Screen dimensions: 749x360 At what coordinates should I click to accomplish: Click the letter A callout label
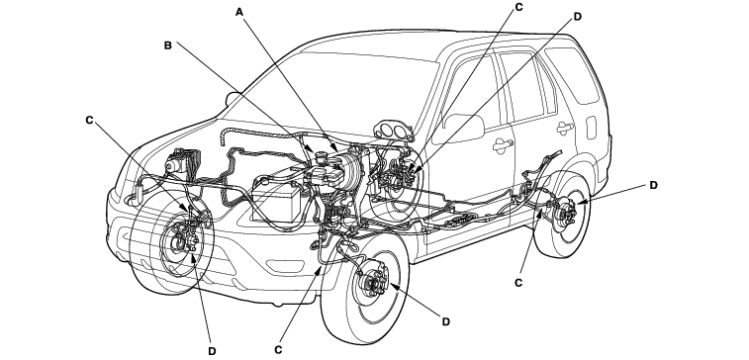pos(239,12)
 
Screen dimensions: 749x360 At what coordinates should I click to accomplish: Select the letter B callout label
pos(167,45)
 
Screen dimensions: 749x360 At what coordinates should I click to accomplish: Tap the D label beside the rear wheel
pos(653,185)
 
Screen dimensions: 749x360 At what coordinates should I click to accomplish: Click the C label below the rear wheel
pos(518,283)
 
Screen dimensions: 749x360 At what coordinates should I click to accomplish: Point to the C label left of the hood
pos(89,121)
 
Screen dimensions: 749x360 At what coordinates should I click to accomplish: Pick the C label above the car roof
pos(519,7)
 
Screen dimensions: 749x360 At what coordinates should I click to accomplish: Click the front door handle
pos(503,145)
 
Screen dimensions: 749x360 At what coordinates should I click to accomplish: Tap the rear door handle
pos(565,128)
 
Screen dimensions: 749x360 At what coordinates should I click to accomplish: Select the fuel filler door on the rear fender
pos(592,128)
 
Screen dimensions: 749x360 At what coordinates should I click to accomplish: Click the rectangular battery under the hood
pos(276,203)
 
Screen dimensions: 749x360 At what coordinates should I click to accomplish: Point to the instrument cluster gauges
pos(394,131)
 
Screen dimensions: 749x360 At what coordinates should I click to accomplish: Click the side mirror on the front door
pos(463,128)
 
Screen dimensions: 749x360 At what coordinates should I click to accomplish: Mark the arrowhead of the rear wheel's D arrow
pos(580,203)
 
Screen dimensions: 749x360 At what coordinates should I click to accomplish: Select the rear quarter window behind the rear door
pos(573,74)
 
